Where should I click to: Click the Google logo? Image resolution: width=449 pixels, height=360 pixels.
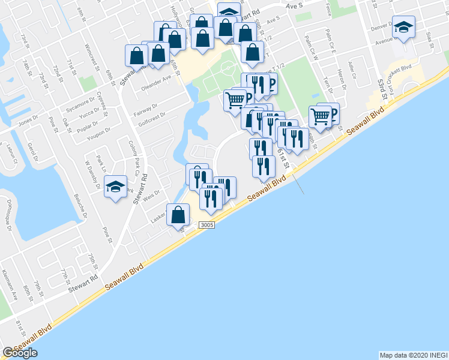point(20,353)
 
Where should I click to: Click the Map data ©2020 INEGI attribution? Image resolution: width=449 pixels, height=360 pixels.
point(413,355)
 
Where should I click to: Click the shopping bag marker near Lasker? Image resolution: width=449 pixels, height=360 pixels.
point(178,215)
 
